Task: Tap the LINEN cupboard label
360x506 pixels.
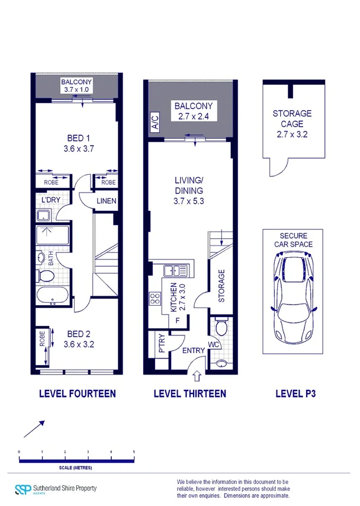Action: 107,201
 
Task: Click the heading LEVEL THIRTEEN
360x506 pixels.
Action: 189,393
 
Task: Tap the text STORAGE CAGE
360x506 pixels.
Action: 292,119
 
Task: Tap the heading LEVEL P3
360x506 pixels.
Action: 295,393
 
